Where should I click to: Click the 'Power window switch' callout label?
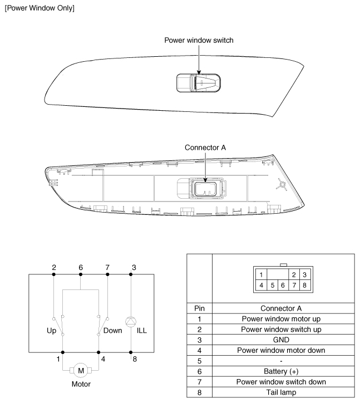(x=199, y=40)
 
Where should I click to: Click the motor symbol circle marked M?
(x=80, y=371)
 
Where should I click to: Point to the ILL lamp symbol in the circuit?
(x=130, y=321)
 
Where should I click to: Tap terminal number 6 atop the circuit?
(x=81, y=268)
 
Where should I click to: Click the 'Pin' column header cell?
(x=198, y=307)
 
